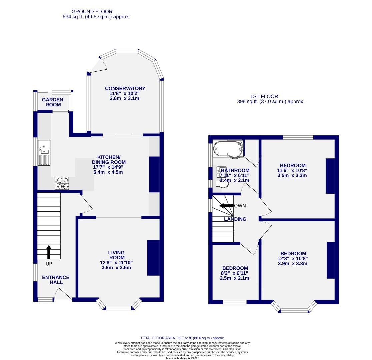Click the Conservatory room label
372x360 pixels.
pos(125,88)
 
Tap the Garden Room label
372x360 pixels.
pos(52,102)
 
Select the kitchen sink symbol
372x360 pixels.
pos(44,153)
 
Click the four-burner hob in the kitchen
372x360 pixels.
pos(62,183)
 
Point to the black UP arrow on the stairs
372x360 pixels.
pos(49,252)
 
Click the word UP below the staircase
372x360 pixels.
pos(49,264)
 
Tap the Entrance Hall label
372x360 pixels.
pos(56,280)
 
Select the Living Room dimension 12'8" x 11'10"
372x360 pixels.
pos(116,263)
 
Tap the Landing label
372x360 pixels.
pos(235,219)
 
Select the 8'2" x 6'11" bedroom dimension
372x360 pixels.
pos(235,273)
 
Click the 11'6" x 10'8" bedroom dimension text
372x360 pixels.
pos(292,170)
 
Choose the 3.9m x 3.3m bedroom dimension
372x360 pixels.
pos(293,263)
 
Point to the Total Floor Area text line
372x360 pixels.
pos(182,338)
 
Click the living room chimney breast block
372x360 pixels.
pos(153,258)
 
